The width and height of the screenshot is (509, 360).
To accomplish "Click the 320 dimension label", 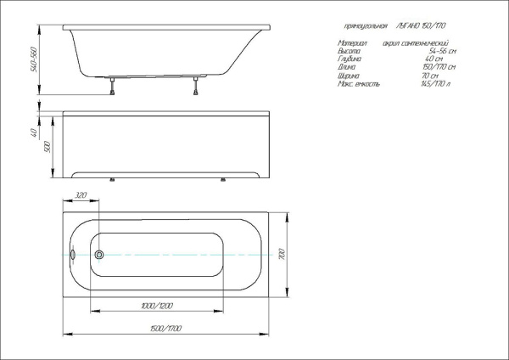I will pos(81,196).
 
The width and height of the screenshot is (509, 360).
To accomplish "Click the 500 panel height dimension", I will pos(48,146).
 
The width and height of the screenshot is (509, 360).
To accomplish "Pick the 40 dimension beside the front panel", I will pos(31,133).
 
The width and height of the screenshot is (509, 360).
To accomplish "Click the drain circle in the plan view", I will pos(99,255).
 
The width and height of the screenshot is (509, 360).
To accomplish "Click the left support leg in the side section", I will pos(111,84).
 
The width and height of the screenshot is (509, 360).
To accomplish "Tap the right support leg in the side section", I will pos(196,84).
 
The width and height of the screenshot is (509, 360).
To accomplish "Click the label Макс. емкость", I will pos(360,85).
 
